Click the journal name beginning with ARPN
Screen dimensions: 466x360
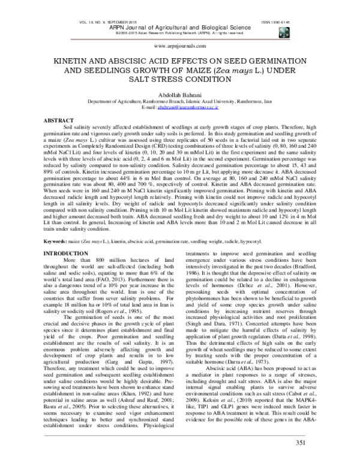pos(180,27)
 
